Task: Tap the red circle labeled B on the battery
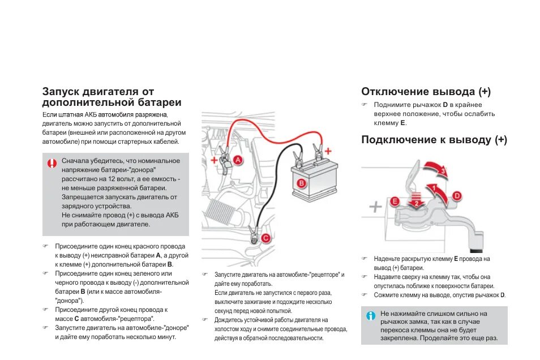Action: pyautogui.click(x=302, y=183)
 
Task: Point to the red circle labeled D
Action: pyautogui.click(x=457, y=196)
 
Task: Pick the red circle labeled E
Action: pyautogui.click(x=395, y=200)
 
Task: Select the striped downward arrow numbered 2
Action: pyautogui.click(x=417, y=203)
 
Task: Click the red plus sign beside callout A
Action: pyautogui.click(x=213, y=160)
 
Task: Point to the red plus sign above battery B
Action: pyautogui.click(x=328, y=150)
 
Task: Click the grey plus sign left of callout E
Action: pyautogui.click(x=375, y=207)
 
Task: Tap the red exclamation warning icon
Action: pyautogui.click(x=52, y=164)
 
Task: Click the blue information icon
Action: pyautogui.click(x=371, y=316)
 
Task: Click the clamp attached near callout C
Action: pyautogui.click(x=252, y=233)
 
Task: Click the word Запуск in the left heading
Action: pyautogui.click(x=61, y=92)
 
